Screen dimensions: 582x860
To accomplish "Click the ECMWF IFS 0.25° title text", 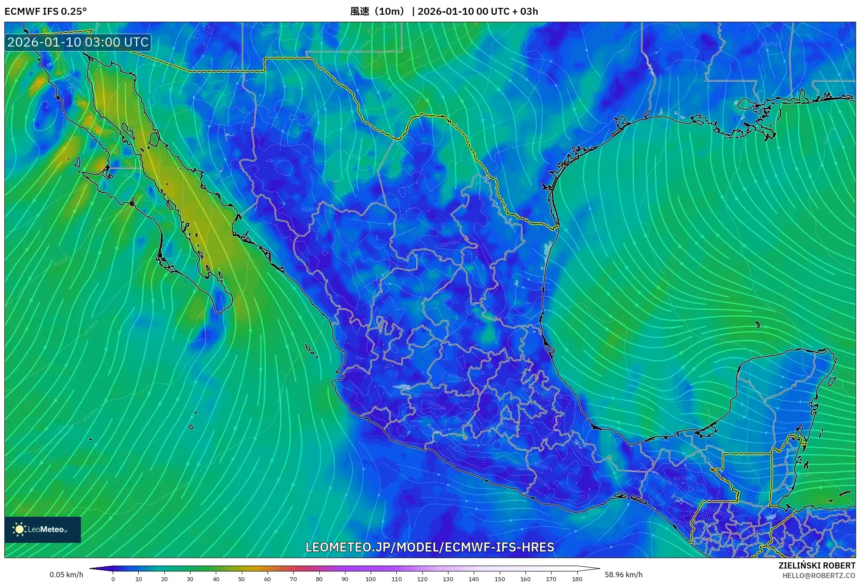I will tap(46, 11).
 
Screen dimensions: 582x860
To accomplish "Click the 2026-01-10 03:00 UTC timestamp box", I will tap(78, 42).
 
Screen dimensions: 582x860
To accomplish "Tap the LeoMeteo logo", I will tap(43, 529).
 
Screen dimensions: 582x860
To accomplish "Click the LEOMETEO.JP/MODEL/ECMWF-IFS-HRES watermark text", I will tap(430, 547).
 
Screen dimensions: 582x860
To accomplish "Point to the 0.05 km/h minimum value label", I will tap(66, 575).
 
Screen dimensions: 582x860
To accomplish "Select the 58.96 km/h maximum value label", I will tap(623, 575).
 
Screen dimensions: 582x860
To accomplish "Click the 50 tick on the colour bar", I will tap(241, 579).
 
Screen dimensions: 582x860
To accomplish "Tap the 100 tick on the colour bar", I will tap(371, 579).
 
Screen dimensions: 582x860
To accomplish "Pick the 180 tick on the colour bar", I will tap(577, 579).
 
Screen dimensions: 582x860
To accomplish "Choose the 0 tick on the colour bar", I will tap(113, 579).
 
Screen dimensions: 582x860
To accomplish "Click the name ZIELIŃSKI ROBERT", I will tap(817, 565).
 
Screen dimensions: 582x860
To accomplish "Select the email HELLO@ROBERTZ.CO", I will tap(819, 575).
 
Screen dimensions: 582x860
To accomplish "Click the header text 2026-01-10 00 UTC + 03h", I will tap(478, 11).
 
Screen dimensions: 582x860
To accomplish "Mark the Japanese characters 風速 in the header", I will tap(360, 11).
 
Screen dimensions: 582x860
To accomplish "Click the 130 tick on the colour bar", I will tap(448, 579).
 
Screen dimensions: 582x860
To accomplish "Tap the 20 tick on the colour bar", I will tap(164, 579).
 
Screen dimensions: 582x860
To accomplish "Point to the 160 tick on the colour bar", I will tap(525, 579).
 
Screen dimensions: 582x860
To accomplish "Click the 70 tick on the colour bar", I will tap(293, 579).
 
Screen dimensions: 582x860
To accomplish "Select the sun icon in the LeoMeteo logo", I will tap(19, 529).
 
